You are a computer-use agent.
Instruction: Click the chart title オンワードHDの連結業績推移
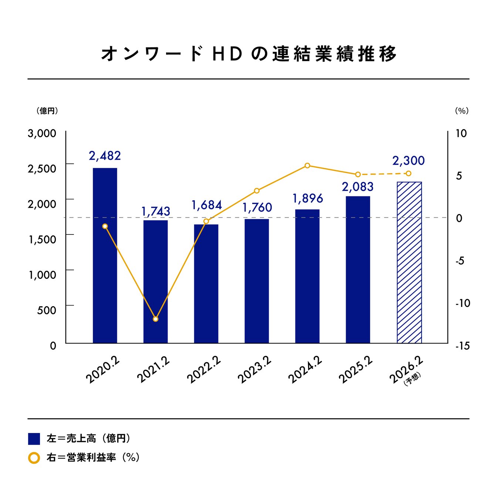coord(248,54)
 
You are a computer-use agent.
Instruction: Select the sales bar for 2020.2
coord(105,255)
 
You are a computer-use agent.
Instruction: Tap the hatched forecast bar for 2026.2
coord(409,263)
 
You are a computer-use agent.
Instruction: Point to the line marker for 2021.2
coord(156,319)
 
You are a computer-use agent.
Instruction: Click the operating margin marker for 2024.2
coord(307,165)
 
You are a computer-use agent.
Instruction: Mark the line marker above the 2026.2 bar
coord(409,173)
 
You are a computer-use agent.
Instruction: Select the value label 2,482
coord(105,156)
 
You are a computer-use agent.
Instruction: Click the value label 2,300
coord(409,161)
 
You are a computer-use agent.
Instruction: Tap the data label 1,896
coord(308,199)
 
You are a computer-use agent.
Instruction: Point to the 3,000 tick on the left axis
coord(42,133)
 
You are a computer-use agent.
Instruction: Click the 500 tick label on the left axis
coord(47,310)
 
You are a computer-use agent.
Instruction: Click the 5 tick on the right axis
coord(459,176)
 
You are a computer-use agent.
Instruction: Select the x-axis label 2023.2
coord(254,370)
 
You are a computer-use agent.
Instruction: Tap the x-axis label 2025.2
coord(355,370)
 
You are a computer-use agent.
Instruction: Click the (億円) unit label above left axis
coord(47,111)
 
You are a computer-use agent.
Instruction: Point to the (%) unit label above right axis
coord(461,111)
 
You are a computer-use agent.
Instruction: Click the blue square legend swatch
coord(34,439)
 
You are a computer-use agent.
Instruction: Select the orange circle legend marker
coord(34,458)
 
